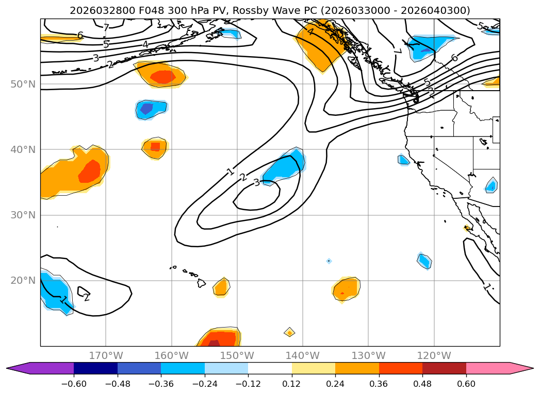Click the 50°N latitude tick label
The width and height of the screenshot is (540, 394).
pos(23,84)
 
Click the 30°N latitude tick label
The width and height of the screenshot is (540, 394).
pos(23,215)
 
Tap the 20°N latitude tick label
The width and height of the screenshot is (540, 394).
pos(23,280)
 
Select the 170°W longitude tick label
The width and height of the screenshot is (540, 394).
pos(106,355)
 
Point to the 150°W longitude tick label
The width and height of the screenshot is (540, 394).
pos(237,355)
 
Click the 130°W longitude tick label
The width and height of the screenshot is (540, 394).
pos(368,355)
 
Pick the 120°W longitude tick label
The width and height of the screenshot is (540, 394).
pos(434,355)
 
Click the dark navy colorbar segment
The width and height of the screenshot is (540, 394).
pos(95,368)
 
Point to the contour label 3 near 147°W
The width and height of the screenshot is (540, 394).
pos(256,182)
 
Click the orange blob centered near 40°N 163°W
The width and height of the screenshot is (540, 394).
pos(155,148)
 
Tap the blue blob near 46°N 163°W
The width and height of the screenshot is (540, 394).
pos(151,109)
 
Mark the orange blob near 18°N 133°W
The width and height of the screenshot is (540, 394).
pos(346,289)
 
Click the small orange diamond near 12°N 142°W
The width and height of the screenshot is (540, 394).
pos(289,332)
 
